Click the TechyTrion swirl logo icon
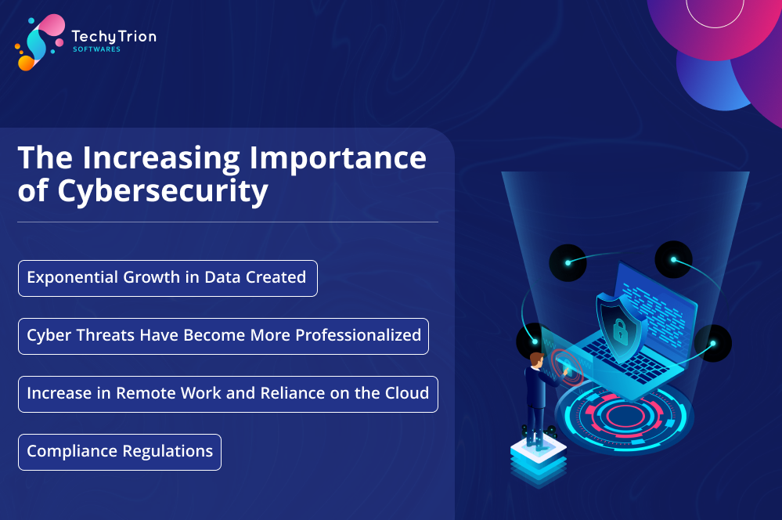tap(40, 42)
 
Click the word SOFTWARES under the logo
tap(97, 49)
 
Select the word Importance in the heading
tap(337, 159)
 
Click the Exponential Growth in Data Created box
tap(168, 279)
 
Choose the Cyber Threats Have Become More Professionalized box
tap(223, 336)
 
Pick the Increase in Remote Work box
tap(228, 394)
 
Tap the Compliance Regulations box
tap(120, 452)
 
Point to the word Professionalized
tap(358, 336)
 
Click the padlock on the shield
tap(620, 330)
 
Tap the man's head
tap(537, 360)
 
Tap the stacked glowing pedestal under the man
tap(539, 460)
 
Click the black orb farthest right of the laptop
tap(713, 343)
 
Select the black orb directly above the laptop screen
tap(673, 259)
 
